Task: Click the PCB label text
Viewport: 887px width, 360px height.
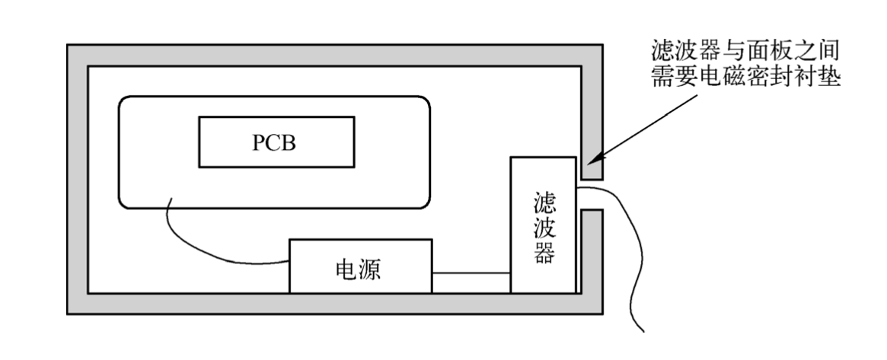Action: click(x=275, y=143)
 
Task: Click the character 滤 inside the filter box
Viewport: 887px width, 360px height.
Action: click(x=544, y=204)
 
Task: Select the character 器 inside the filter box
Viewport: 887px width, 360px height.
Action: click(x=544, y=253)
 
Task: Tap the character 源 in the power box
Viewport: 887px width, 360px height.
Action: click(x=374, y=270)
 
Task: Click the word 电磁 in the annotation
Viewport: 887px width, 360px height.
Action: click(x=734, y=78)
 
